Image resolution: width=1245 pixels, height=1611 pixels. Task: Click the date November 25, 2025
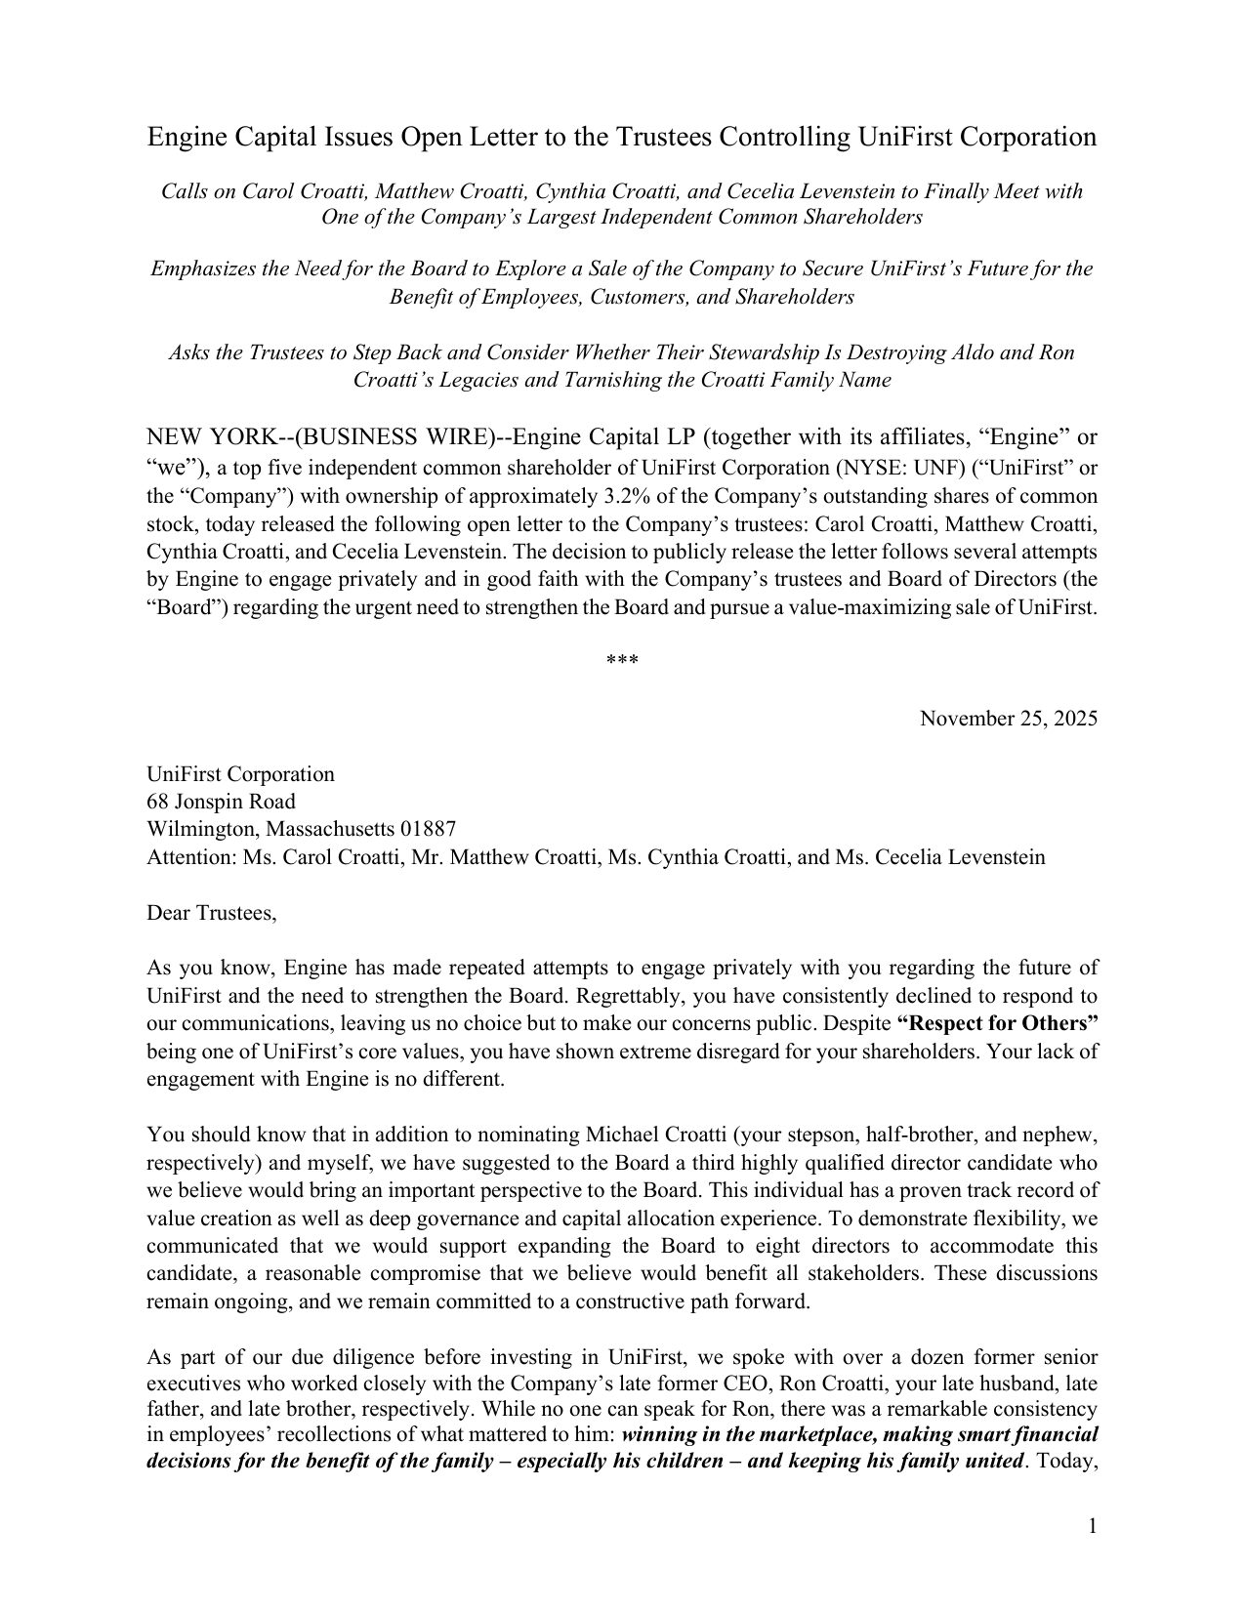pos(1009,719)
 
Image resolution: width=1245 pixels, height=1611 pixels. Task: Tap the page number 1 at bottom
pos(1093,1525)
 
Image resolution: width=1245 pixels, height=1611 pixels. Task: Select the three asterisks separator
pos(622,662)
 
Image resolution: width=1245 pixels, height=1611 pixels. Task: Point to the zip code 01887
pos(428,829)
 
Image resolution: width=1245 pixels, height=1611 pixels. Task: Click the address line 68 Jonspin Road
pos(221,802)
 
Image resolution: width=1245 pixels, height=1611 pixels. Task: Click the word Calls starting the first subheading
pos(184,191)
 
